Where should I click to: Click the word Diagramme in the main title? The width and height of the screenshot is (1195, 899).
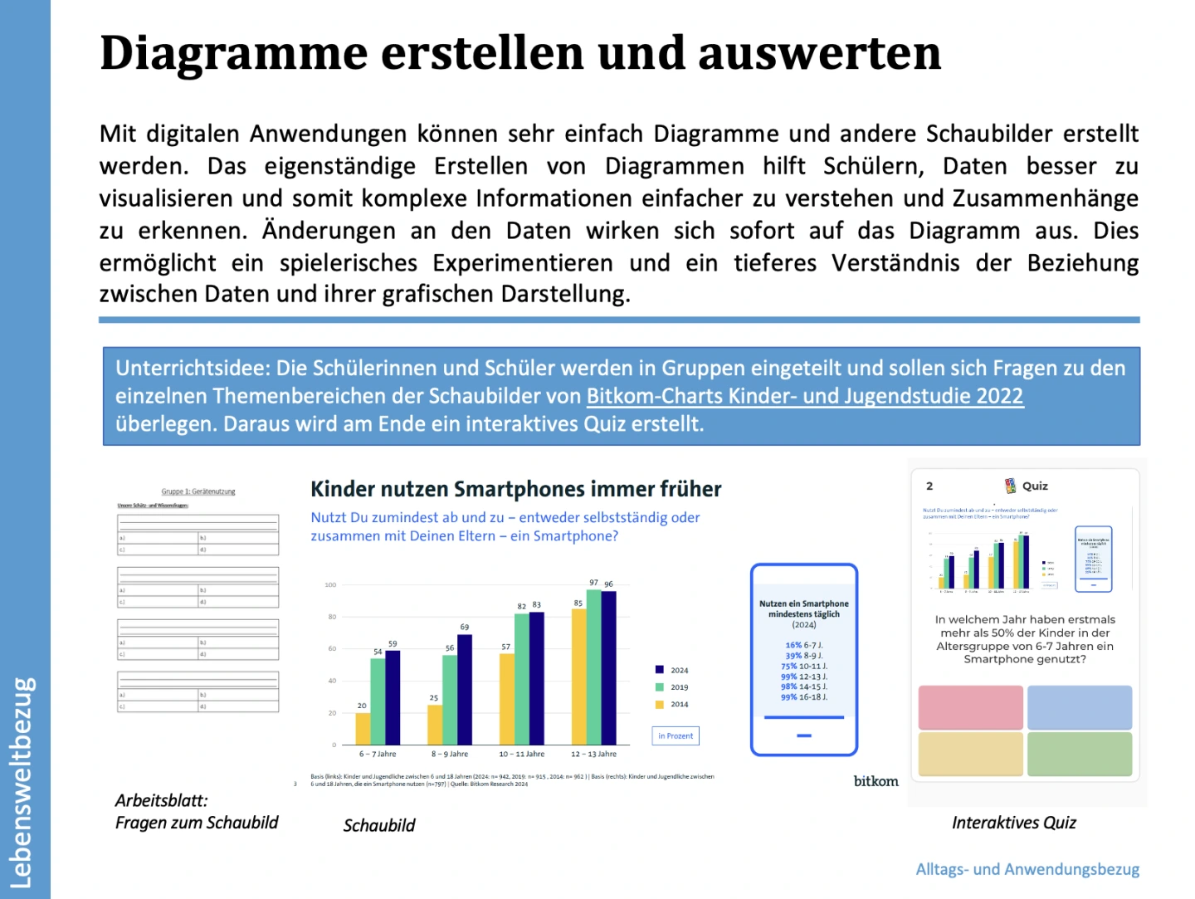pos(233,53)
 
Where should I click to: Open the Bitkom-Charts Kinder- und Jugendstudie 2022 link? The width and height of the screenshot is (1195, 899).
pos(804,396)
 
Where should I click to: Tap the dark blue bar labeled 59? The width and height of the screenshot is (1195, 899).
pos(393,697)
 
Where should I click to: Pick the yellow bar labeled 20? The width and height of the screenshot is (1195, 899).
pos(363,728)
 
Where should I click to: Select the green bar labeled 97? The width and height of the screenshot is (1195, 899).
pos(593,667)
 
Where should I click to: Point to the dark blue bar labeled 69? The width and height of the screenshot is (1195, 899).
pos(465,689)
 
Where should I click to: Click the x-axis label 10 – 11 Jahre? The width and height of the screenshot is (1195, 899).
pos(521,754)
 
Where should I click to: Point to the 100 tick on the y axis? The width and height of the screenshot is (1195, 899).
pos(330,584)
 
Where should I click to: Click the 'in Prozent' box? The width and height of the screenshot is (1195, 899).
pos(676,735)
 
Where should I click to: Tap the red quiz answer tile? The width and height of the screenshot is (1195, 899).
pos(970,707)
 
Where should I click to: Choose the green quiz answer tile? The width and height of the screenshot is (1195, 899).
pos(1080,754)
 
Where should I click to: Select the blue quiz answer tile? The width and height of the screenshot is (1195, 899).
pos(1080,707)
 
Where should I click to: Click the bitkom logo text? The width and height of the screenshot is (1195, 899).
pos(876,781)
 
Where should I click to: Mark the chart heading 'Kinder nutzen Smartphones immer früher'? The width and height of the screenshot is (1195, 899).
pos(515,489)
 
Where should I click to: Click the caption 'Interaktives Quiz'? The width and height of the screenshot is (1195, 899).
pos(1013,823)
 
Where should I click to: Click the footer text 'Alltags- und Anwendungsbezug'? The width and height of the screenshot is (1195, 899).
pos(1027,869)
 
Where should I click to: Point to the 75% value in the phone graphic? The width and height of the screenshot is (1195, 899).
pos(788,666)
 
